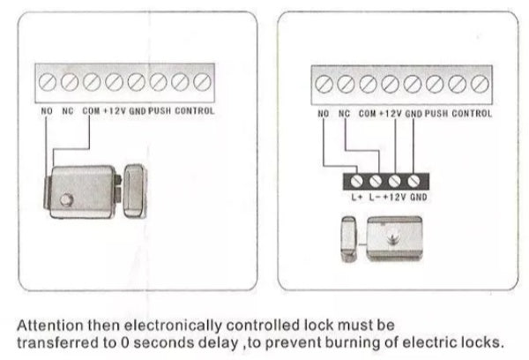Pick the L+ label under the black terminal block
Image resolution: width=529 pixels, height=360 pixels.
(357, 197)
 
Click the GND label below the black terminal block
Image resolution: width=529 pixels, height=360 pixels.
(418, 197)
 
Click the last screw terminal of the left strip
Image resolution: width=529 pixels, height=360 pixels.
(202, 82)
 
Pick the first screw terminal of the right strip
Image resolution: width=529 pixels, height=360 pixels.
(324, 86)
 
